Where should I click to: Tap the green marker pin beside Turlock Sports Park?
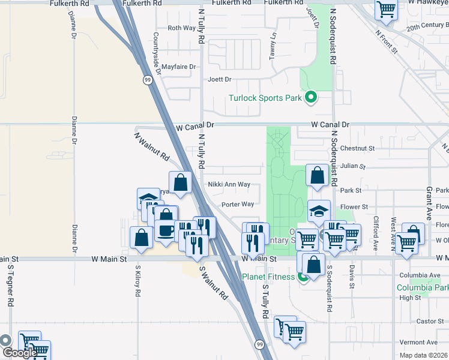click(311, 97)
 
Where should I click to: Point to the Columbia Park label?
click(422, 287)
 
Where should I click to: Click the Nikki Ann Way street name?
click(228, 185)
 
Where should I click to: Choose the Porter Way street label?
click(238, 204)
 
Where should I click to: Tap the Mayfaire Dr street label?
click(176, 67)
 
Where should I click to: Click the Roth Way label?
click(181, 28)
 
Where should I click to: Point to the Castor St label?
click(430, 322)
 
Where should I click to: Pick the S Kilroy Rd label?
click(137, 285)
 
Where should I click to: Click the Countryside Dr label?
click(157, 54)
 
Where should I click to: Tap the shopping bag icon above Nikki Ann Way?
click(180, 181)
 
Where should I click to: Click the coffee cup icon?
click(166, 229)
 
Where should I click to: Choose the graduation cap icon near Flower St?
click(319, 211)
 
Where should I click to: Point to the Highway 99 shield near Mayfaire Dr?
click(147, 79)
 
